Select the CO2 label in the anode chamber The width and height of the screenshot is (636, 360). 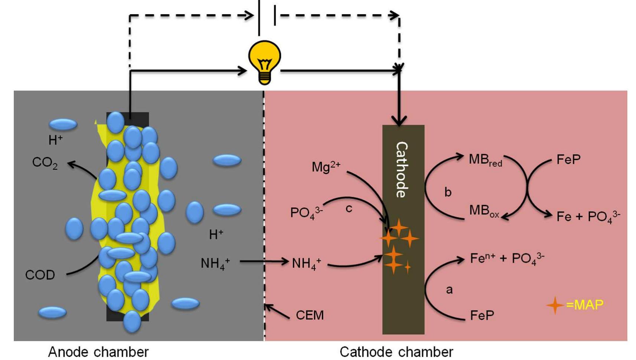(45, 162)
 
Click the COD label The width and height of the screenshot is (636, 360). (40, 275)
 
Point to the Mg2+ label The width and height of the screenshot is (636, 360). (326, 167)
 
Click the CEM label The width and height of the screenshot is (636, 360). (310, 315)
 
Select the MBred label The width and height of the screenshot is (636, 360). (485, 160)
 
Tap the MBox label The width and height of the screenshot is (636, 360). (483, 211)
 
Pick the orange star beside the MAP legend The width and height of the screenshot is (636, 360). (555, 305)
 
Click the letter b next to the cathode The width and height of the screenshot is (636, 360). (448, 192)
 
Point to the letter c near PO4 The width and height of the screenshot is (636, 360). (349, 208)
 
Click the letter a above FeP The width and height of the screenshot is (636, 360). (449, 289)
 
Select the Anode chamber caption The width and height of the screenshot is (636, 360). (98, 351)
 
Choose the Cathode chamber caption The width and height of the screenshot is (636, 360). (396, 351)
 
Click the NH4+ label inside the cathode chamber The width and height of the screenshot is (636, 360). (306, 263)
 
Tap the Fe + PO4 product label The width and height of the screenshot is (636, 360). (588, 216)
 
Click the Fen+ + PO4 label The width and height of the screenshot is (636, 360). (507, 258)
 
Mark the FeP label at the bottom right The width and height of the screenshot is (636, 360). (482, 315)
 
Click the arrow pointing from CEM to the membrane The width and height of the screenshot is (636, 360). (277, 311)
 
